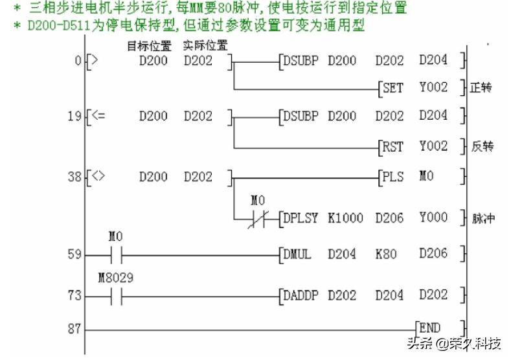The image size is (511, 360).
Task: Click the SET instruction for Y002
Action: (393, 87)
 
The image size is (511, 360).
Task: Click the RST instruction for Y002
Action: (393, 147)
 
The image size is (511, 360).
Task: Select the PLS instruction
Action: (393, 176)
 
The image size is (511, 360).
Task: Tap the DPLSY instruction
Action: (301, 218)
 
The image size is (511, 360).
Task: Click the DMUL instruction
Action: (298, 254)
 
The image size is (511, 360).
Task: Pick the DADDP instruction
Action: (301, 295)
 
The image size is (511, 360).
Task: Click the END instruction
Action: (430, 328)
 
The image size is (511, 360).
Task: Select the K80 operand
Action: (386, 254)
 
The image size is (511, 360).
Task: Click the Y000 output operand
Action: (433, 218)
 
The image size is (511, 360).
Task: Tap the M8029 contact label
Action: (114, 278)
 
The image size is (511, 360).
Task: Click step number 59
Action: (76, 254)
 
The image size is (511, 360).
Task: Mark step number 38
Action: (76, 176)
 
